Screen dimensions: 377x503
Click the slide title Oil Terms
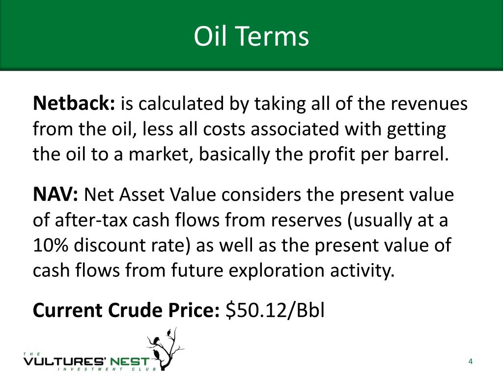(x=251, y=36)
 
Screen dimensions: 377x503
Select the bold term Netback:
(x=74, y=104)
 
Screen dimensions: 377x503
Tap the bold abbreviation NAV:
(x=56, y=195)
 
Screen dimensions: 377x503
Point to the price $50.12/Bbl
(x=275, y=310)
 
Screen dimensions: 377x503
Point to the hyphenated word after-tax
(x=80, y=220)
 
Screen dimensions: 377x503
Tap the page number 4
(x=470, y=362)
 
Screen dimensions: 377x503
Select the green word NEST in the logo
(x=129, y=362)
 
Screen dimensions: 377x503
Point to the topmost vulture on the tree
(x=170, y=334)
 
